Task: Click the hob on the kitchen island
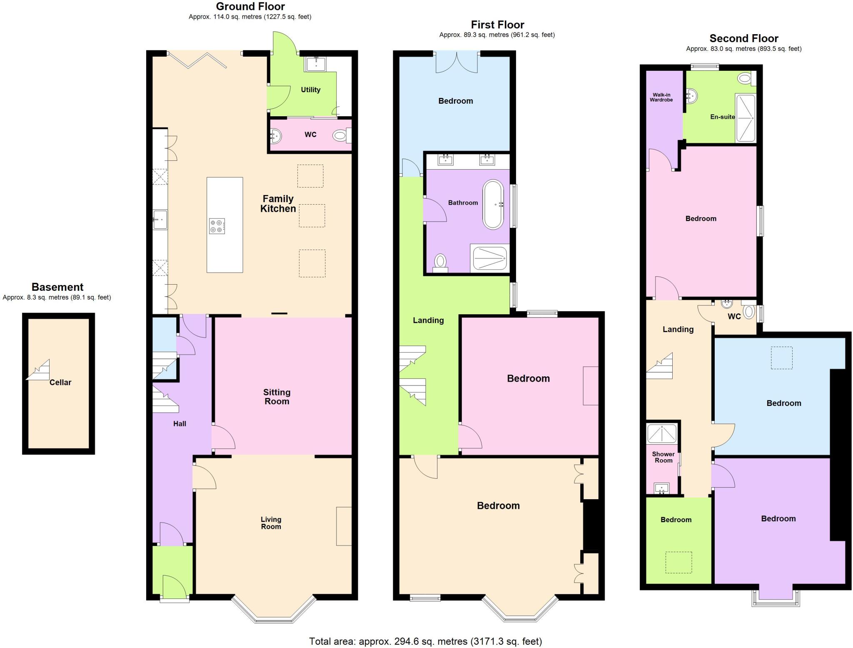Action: (x=217, y=226)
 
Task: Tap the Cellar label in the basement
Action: (x=60, y=382)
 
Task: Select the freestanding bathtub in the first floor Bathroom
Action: (x=493, y=204)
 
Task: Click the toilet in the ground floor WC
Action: (x=341, y=135)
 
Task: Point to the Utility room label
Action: (x=310, y=90)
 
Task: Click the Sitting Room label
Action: (x=277, y=397)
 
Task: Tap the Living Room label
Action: (x=271, y=523)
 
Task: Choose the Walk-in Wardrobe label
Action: (x=661, y=97)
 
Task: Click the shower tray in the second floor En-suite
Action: (x=745, y=118)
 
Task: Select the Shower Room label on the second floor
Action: (x=663, y=457)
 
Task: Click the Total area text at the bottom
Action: (x=425, y=641)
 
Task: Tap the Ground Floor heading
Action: (x=250, y=6)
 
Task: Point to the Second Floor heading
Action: (x=743, y=38)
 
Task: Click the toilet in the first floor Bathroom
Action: (x=440, y=262)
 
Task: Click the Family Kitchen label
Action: (x=278, y=204)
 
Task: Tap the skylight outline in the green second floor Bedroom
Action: (x=678, y=562)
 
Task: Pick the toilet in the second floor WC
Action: (x=748, y=312)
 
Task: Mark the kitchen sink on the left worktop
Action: (x=160, y=219)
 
